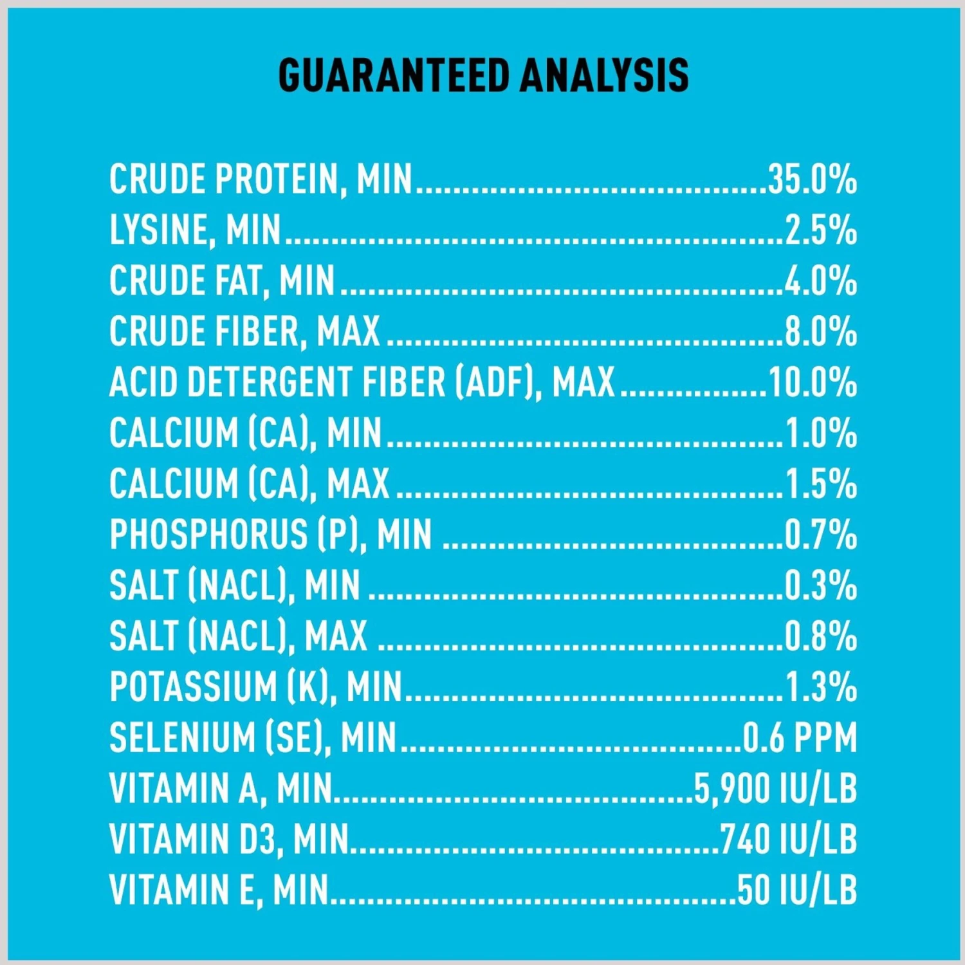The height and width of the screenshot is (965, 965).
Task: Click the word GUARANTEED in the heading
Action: (394, 75)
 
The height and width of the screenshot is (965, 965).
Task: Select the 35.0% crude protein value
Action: (812, 179)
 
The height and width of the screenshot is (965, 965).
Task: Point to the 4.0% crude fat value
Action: (820, 281)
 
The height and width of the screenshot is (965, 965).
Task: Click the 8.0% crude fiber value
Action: (820, 332)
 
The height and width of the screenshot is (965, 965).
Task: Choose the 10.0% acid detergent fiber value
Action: (812, 382)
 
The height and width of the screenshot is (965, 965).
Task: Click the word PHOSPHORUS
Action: (208, 535)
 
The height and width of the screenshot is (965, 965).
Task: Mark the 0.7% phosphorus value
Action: (820, 535)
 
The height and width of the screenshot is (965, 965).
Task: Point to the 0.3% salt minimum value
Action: (820, 585)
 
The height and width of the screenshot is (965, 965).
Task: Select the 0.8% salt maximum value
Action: (820, 636)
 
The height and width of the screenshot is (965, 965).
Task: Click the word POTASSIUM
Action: (192, 687)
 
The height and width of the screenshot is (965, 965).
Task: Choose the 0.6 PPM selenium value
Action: (800, 738)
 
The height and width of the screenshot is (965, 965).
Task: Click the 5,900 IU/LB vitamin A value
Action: (775, 789)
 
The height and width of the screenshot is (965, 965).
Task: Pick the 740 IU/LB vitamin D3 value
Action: (788, 840)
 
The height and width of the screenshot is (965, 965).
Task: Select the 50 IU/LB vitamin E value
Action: (797, 890)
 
